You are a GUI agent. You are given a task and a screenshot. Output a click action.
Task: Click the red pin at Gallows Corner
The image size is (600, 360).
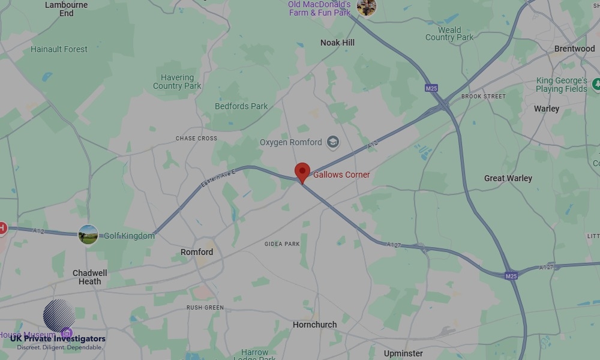click(302, 172)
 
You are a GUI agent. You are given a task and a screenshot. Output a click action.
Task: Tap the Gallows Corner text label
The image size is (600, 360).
click(341, 175)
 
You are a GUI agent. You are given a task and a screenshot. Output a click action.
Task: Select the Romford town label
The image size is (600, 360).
click(197, 252)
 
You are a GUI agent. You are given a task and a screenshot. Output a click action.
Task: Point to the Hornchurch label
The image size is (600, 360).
click(314, 325)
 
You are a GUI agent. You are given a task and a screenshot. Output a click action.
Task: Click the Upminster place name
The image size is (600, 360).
click(403, 353)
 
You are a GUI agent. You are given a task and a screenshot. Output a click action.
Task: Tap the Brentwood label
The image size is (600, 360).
click(574, 49)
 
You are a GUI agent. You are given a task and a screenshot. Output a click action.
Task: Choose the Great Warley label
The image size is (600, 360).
click(508, 178)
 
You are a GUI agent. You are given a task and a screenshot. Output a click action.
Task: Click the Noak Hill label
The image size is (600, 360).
click(337, 43)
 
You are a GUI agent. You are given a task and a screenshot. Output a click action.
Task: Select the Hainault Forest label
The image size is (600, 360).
click(59, 49)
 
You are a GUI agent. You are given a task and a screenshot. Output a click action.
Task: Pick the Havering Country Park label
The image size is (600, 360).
click(177, 82)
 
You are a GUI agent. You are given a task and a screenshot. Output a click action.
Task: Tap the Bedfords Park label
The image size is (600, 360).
click(241, 106)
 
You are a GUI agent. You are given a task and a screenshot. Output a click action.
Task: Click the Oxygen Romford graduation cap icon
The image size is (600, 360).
click(332, 143)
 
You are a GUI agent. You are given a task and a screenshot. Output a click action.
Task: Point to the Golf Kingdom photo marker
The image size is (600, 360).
click(88, 235)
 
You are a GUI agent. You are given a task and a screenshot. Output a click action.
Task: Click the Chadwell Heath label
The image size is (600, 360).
click(90, 277)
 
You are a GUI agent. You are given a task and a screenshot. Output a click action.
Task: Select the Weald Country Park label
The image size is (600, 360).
click(449, 34)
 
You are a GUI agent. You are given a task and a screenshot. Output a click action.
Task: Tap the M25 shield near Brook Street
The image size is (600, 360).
click(431, 88)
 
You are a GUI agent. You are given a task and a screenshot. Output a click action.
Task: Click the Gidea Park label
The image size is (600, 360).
click(282, 244)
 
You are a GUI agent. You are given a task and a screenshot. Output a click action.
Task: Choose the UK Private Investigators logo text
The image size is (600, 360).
click(58, 339)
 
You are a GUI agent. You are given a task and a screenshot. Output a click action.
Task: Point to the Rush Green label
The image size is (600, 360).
click(205, 308)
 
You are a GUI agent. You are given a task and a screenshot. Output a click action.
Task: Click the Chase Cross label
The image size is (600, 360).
click(196, 139)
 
